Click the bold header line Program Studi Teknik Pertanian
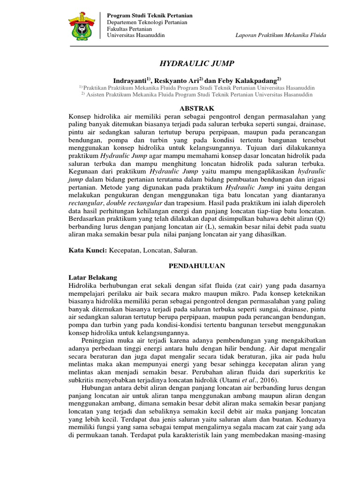pyautogui.click(x=150, y=16)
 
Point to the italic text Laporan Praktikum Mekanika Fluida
pyautogui.click(x=281, y=36)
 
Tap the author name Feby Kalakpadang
pyautogui.click(x=250, y=80)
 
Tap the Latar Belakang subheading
pyautogui.click(x=93, y=277)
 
